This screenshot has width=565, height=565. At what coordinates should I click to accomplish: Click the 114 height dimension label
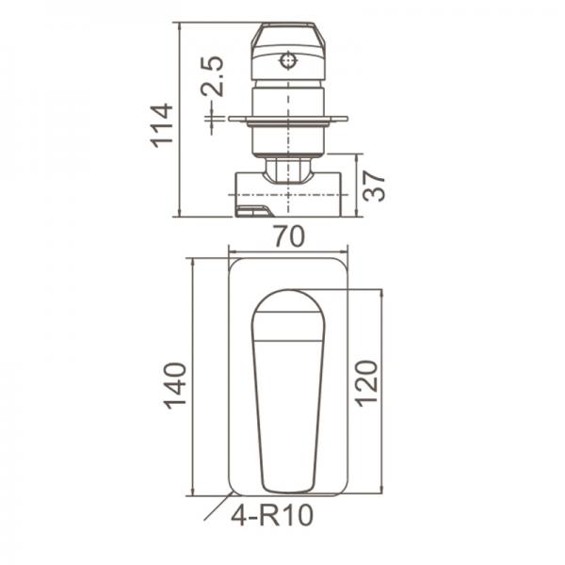click(162, 123)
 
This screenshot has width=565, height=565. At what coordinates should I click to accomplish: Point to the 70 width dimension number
click(288, 237)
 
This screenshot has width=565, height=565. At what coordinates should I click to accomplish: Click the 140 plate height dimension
click(176, 383)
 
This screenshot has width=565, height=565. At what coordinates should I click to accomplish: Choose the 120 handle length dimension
click(367, 381)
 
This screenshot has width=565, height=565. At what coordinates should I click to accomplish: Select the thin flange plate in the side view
click(288, 120)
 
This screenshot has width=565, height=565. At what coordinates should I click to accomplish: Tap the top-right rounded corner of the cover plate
click(341, 266)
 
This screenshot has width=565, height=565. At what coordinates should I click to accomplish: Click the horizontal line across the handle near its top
click(288, 339)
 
